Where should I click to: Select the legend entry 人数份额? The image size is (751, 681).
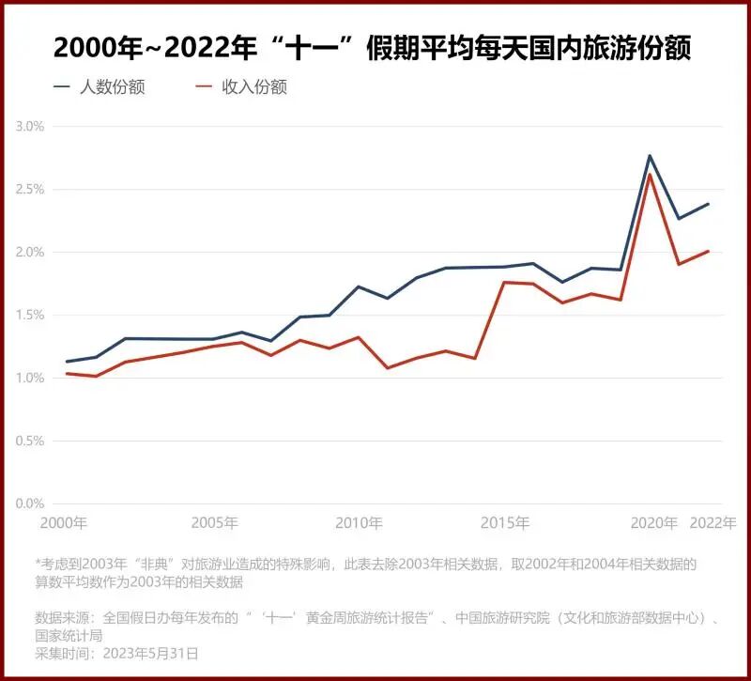tap(112, 87)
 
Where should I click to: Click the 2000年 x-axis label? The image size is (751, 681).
tap(63, 523)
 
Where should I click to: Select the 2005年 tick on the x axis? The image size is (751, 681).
tap(214, 523)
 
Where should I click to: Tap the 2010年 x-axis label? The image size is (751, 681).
tap(359, 523)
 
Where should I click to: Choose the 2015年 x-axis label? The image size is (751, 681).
tap(506, 523)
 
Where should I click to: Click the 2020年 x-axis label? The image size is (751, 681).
tap(653, 523)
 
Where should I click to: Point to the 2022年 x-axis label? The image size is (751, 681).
tap(713, 523)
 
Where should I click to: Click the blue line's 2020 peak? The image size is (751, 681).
tap(650, 155)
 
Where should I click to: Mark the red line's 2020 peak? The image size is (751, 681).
tap(650, 174)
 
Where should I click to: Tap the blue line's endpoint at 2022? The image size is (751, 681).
tap(709, 204)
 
